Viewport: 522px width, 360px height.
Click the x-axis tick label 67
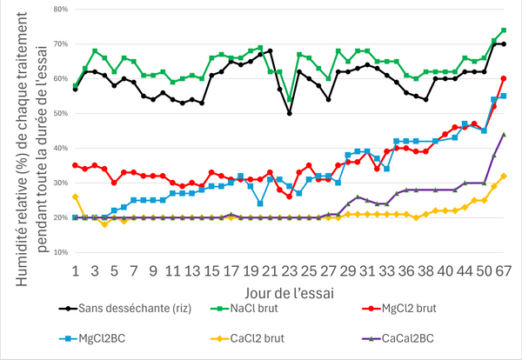click(504, 270)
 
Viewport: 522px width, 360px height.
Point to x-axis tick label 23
click(289, 270)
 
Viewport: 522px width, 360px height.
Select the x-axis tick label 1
click(76, 270)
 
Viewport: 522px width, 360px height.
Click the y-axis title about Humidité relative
click(23, 130)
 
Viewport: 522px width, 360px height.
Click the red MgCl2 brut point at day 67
click(504, 78)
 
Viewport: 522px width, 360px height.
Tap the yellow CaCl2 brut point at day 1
click(76, 197)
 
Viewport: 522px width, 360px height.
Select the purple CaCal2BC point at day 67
click(504, 134)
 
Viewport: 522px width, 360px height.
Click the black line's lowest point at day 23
click(289, 113)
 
